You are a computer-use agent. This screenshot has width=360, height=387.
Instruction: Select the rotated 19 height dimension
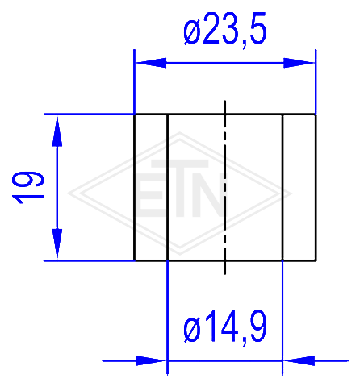tap(27, 188)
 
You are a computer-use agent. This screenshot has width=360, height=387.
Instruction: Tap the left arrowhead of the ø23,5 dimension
tap(151, 63)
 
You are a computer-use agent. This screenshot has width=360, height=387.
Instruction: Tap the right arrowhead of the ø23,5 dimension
tap(299, 63)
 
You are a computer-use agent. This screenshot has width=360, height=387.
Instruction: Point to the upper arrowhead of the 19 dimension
tap(57, 131)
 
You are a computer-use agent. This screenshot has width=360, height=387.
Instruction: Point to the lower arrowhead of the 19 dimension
tap(57, 244)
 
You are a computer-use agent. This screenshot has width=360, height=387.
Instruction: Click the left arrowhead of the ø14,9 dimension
tap(151, 360)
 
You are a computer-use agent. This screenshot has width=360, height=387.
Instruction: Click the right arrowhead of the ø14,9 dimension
tap(299, 360)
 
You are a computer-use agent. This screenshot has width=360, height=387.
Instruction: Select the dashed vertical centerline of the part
tap(225, 188)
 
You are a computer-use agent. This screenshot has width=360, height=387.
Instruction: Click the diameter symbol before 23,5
tap(193, 33)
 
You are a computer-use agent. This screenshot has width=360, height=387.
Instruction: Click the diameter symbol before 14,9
tap(193, 330)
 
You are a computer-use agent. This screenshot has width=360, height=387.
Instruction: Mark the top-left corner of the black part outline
tap(135, 114)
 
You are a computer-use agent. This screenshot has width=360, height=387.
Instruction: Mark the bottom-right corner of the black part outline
tap(316, 260)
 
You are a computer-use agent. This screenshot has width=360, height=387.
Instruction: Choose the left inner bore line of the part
tap(167, 188)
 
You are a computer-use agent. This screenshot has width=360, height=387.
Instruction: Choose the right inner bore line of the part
tap(283, 188)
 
